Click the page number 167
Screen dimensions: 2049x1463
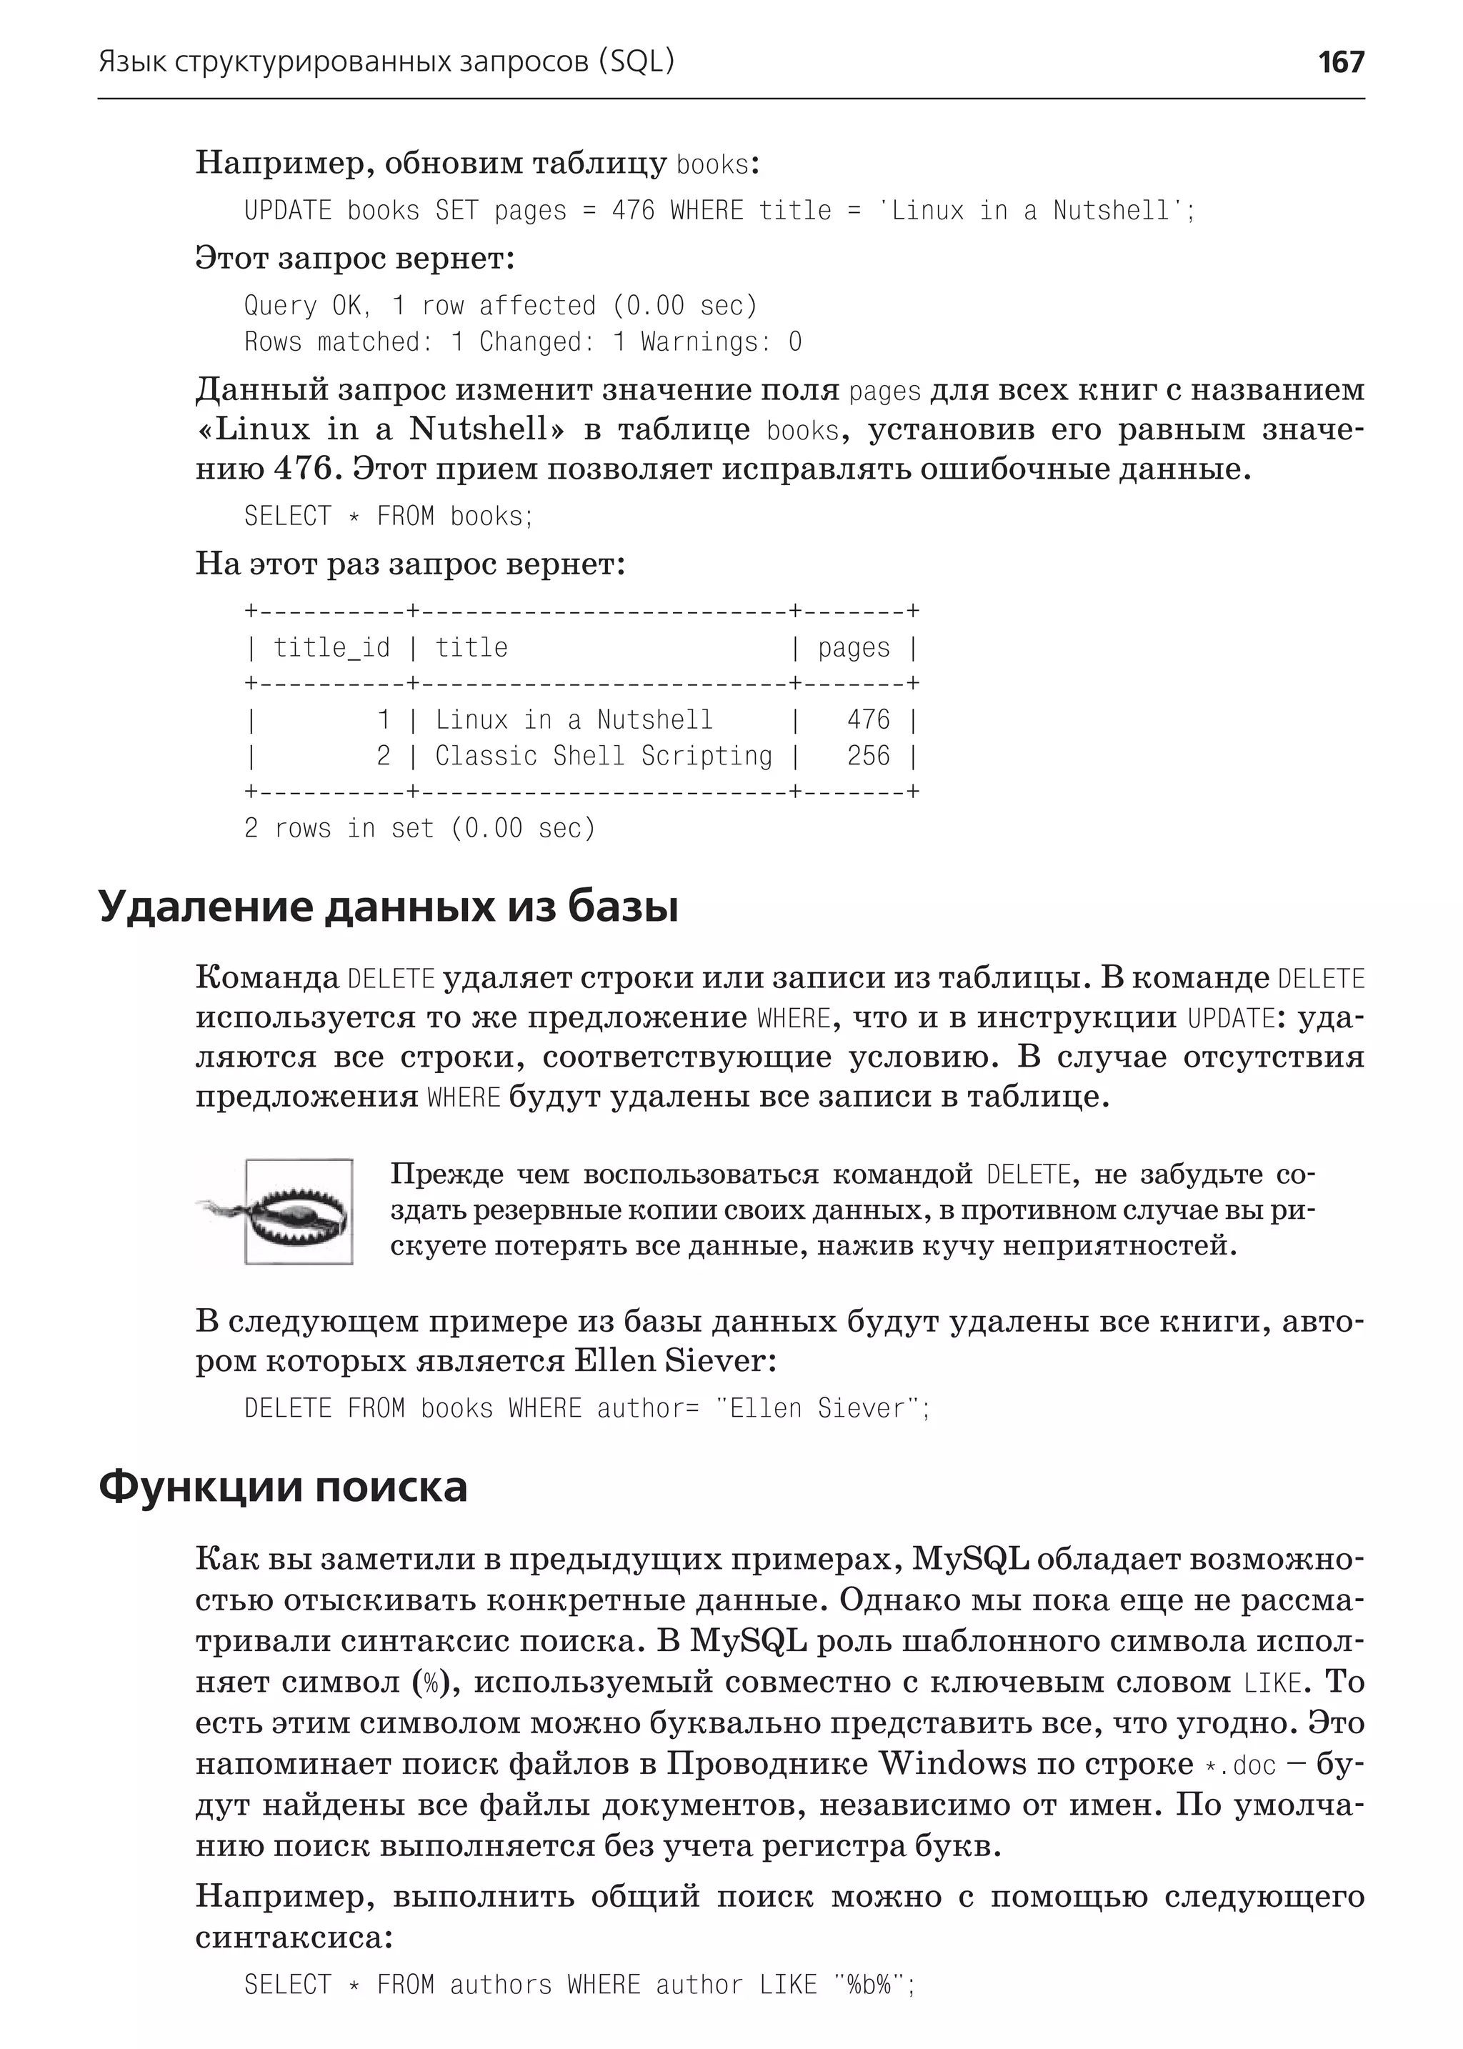1340,61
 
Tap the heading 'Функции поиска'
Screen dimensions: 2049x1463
282,1487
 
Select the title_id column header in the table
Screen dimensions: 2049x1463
331,648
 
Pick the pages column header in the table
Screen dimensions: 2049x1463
853,648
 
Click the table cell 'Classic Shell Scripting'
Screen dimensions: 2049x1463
604,756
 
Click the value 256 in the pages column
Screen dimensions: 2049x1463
867,756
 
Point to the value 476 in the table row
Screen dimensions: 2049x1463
867,720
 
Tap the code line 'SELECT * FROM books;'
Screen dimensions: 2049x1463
389,517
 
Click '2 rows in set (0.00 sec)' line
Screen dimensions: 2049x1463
420,828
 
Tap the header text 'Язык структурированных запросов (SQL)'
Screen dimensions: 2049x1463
386,61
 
